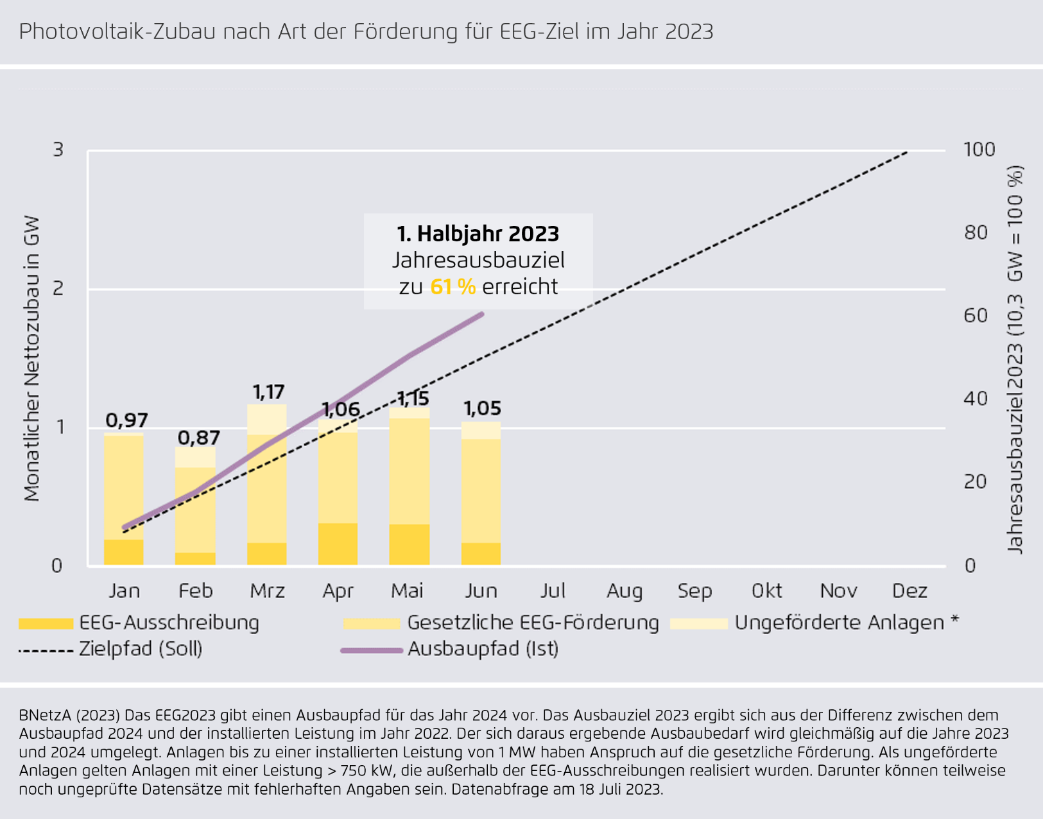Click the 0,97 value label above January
click(126, 420)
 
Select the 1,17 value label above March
click(268, 392)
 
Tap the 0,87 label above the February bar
click(198, 438)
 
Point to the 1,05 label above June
click(482, 409)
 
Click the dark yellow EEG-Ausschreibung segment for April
click(338, 544)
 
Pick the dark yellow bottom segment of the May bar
click(409, 544)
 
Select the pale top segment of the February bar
click(195, 457)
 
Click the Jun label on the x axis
click(481, 591)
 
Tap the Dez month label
click(910, 591)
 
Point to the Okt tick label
click(767, 591)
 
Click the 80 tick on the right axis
click(976, 232)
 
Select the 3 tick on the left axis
click(58, 150)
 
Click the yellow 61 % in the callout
click(453, 286)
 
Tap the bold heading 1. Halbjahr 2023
click(478, 234)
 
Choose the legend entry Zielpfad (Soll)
click(141, 649)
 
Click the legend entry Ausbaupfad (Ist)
click(483, 649)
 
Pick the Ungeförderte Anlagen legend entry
click(840, 623)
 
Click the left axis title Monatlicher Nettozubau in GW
click(31, 358)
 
